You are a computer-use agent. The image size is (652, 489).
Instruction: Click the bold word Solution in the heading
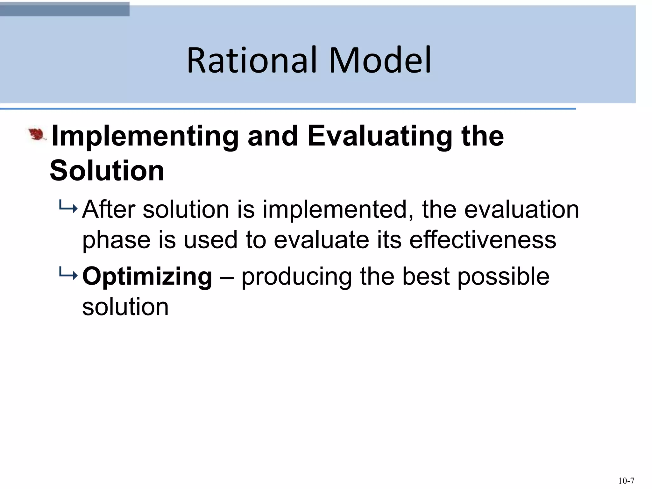pos(107,171)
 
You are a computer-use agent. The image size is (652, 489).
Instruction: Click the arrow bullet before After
pos(68,209)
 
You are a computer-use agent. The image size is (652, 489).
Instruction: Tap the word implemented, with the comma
pos(338,210)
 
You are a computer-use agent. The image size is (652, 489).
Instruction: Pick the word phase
pos(116,241)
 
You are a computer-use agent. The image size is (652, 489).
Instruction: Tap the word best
pos(426,276)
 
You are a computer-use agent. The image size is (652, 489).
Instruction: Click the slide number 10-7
pos(626,481)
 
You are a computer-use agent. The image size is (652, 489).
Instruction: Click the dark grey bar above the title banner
pos(65,9)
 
